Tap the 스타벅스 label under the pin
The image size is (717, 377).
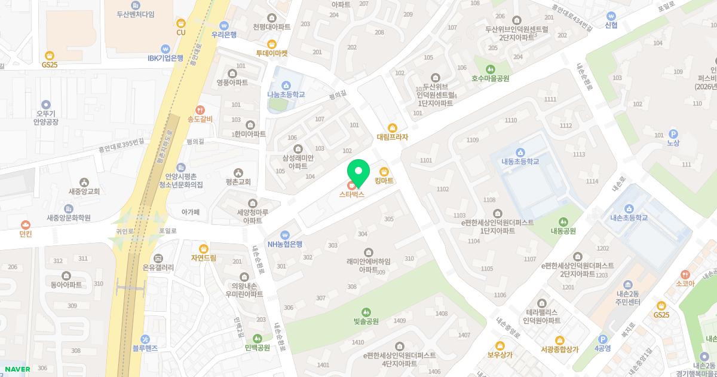351,194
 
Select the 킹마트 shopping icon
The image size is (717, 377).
384,172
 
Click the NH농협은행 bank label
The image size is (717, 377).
285,244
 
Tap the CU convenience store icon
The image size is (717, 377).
180,23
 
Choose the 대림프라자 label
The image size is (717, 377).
393,137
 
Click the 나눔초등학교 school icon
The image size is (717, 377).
286,85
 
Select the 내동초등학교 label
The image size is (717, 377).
520,162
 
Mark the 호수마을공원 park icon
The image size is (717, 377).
491,69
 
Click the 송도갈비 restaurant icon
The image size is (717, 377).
200,110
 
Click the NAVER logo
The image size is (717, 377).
17,369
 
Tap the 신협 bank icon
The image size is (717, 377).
611,16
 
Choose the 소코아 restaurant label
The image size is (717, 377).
685,284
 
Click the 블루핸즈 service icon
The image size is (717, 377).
145,339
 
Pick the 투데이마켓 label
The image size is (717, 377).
272,53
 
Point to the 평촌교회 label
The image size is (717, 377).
238,182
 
